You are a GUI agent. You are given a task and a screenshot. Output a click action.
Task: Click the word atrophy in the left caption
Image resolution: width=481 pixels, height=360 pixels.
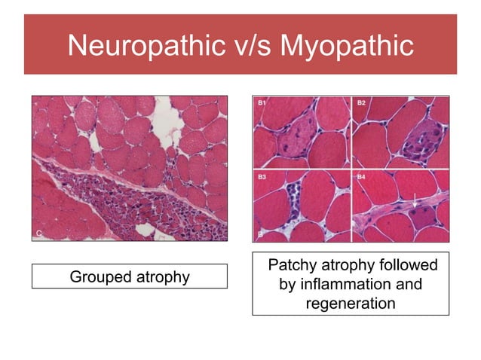tap(162, 276)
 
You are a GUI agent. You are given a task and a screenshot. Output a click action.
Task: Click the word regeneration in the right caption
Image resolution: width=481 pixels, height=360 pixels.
tap(351, 304)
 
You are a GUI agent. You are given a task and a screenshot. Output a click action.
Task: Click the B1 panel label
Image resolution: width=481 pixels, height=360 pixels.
tap(262, 103)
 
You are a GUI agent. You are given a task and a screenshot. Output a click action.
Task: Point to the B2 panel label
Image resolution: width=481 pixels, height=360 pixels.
tap(362, 103)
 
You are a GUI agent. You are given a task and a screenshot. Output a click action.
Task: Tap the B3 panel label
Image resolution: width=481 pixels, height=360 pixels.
tap(262, 177)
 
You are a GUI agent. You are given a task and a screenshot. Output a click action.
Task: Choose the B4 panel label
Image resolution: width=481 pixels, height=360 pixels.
tap(362, 177)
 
